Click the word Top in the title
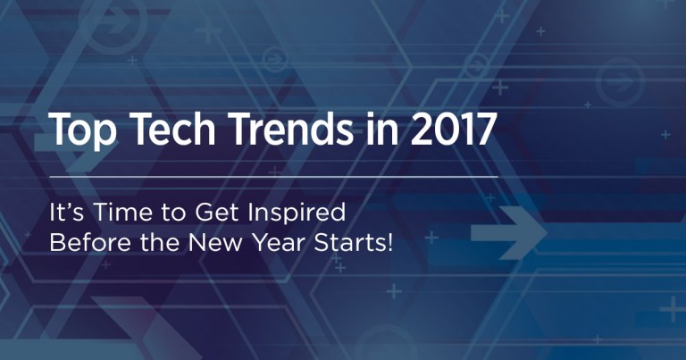(81, 131)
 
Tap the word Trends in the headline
(286, 131)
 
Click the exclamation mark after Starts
(389, 242)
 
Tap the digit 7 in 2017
(483, 131)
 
